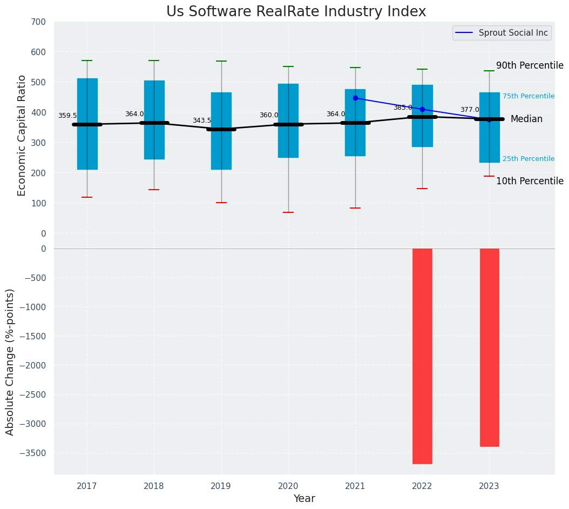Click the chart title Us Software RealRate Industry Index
pos(296,12)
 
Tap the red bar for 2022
pos(422,356)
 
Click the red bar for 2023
pos(489,347)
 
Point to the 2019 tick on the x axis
pos(221,486)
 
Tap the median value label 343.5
pos(202,120)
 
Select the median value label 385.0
pos(403,108)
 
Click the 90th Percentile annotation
pos(530,65)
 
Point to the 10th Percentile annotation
pos(530,181)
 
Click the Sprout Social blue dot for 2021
pos(355,98)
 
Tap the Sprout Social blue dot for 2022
pos(422,109)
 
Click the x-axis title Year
pos(304,499)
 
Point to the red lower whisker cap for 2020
pos(288,212)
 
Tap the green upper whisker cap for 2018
pos(154,61)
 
